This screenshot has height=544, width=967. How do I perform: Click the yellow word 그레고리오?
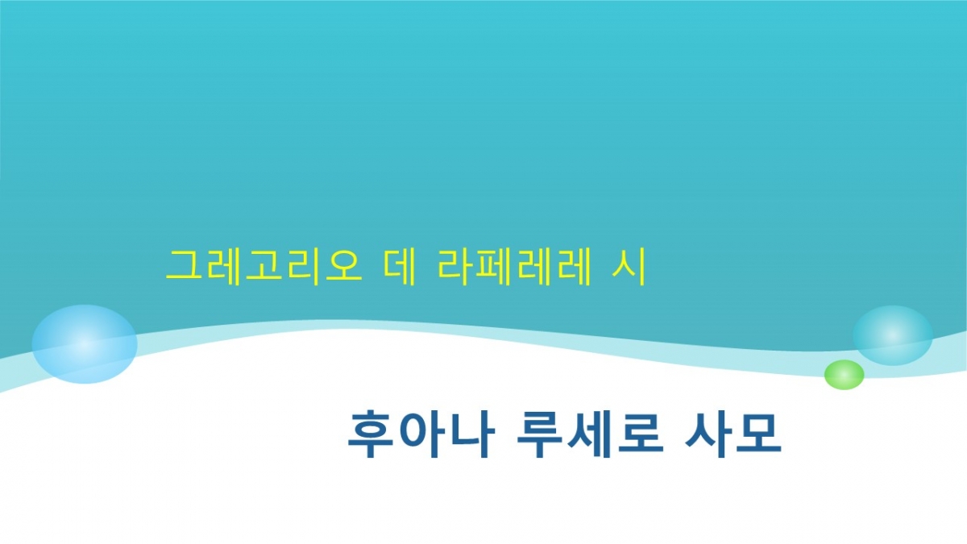pyautogui.click(x=264, y=267)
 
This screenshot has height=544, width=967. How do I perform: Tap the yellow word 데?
pyautogui.click(x=399, y=267)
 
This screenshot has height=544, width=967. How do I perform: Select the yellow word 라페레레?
pyautogui.click(x=514, y=267)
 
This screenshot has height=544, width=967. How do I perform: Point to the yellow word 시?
pyautogui.click(x=629, y=267)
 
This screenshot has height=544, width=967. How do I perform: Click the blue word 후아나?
pyautogui.click(x=421, y=434)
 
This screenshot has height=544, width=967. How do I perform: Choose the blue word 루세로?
pyautogui.click(x=590, y=434)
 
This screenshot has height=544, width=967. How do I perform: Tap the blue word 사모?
pyautogui.click(x=733, y=434)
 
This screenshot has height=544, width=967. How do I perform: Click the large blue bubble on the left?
pyautogui.click(x=85, y=344)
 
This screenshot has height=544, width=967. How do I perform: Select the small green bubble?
pyautogui.click(x=844, y=375)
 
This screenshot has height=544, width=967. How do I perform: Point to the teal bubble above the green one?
pyautogui.click(x=893, y=335)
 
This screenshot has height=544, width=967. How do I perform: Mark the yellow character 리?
pyautogui.click(x=303, y=267)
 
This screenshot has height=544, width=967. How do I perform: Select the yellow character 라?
pyautogui.click(x=455, y=267)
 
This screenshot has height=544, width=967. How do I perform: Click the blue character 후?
pyautogui.click(x=371, y=434)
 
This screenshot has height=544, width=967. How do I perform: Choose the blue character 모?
pyautogui.click(x=758, y=434)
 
